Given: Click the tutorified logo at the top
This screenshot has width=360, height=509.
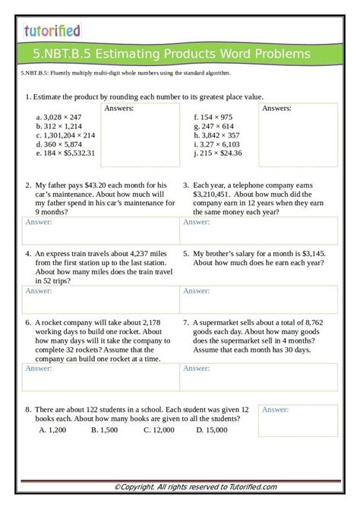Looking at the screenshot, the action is tap(52, 30).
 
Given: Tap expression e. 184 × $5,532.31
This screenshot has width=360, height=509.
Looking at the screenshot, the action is tap(65, 153).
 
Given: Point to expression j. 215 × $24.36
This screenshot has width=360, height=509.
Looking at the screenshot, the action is tap(219, 153).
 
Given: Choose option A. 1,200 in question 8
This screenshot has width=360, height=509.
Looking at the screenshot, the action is tap(53, 430).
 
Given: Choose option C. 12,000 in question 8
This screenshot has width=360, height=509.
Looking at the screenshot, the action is tap(159, 430).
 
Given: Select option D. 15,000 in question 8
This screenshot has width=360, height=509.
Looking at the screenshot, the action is tap(211, 430).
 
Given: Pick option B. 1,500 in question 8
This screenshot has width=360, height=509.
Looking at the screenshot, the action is tap(104, 430).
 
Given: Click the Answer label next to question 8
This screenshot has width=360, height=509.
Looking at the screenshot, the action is tap(275, 410).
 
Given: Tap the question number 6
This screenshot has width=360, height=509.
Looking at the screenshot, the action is tap(27, 322).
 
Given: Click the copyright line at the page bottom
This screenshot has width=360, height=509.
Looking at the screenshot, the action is tap(195, 487).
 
